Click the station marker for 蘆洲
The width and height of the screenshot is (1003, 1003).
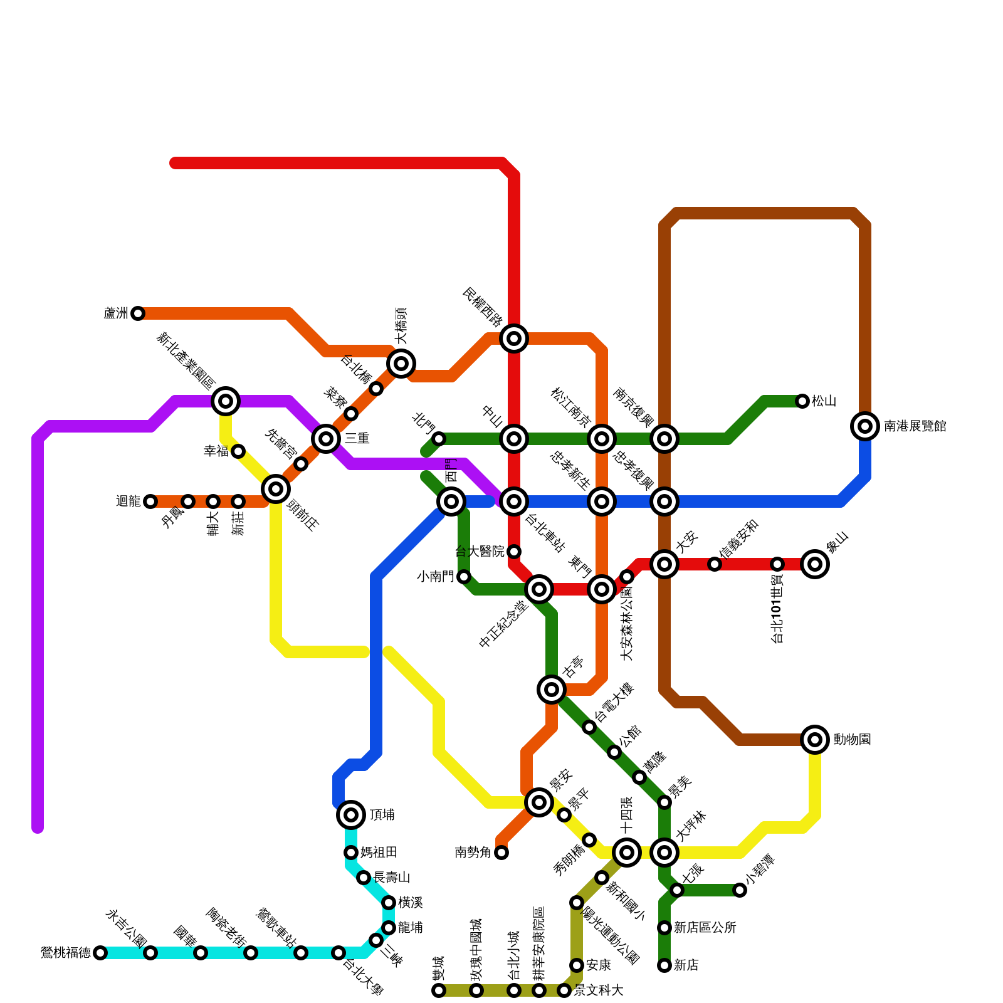(138, 313)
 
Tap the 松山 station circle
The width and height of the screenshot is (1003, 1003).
(802, 401)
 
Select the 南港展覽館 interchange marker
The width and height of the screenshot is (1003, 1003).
(865, 426)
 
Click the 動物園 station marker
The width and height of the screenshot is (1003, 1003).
(815, 740)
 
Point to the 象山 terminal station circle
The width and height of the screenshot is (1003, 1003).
(815, 564)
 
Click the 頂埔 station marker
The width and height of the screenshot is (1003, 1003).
(351, 815)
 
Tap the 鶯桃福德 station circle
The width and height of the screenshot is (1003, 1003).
(100, 953)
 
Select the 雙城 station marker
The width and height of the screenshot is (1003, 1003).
(439, 990)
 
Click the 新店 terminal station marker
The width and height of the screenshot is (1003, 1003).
(664, 965)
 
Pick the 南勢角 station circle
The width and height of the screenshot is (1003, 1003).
(501, 853)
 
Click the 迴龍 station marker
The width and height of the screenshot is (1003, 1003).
(150, 501)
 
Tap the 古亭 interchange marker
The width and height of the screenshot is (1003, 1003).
(552, 690)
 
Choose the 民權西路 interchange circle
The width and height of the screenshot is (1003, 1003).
(514, 339)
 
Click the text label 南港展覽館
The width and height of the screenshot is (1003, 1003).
(915, 427)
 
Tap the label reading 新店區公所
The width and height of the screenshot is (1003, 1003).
(705, 928)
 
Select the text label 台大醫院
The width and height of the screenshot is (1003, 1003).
(480, 552)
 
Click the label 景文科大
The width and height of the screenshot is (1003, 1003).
(599, 990)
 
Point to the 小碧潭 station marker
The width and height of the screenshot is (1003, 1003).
(740, 890)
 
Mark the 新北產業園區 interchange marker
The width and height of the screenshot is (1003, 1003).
(226, 401)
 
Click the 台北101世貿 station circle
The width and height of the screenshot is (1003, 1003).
(777, 564)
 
